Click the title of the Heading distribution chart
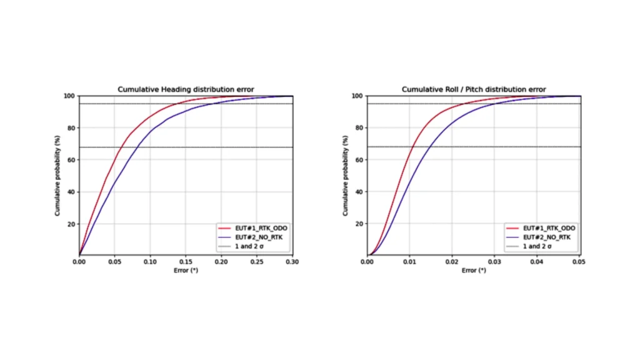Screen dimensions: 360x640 [186, 89]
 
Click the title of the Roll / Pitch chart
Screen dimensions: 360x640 [474, 89]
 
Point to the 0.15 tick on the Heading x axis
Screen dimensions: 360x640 [186, 262]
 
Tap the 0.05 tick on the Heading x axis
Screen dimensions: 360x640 [114, 262]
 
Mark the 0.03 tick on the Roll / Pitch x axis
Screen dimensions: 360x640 [495, 262]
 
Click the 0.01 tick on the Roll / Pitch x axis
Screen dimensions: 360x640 [410, 262]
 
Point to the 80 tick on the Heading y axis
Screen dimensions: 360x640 [71, 128]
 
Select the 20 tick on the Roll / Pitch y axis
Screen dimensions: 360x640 [359, 224]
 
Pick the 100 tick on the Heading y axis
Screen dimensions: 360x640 [69, 96]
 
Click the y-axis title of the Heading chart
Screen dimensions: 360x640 [57, 176]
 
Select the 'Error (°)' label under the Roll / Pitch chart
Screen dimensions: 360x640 [474, 271]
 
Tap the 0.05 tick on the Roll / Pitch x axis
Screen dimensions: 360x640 [581, 262]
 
